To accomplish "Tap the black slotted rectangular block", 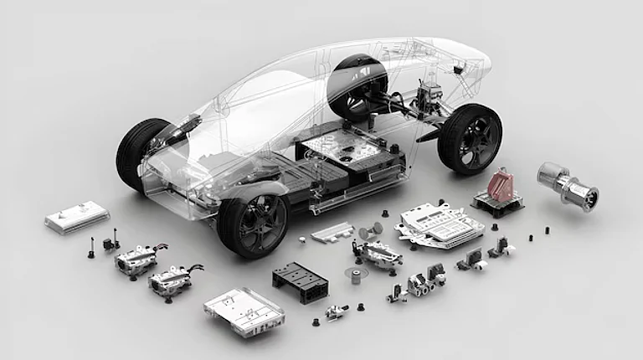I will (300, 279).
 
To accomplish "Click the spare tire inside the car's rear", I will (358, 84).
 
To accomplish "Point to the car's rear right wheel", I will (469, 138).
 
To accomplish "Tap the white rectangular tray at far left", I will (77, 217).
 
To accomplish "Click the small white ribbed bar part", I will (332, 231).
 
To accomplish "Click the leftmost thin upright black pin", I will (90, 249).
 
